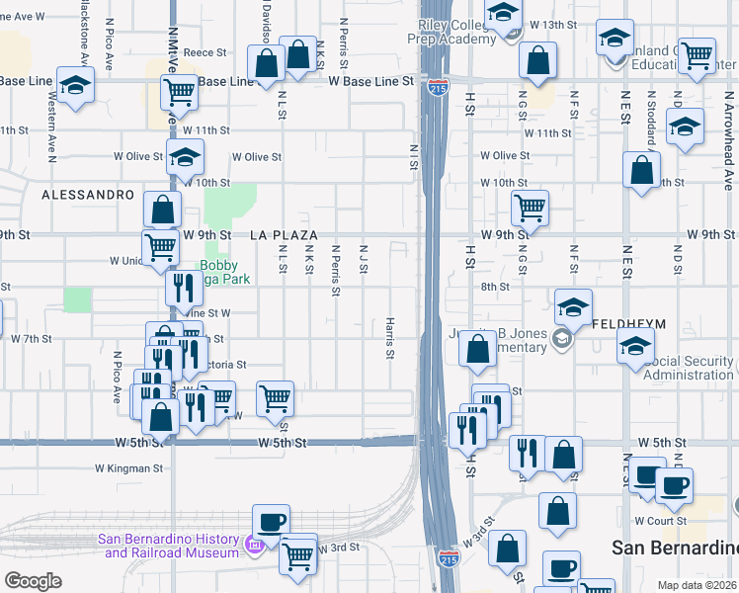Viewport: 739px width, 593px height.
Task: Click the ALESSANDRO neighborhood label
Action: click(88, 195)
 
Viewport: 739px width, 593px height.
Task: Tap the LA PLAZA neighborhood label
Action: click(284, 235)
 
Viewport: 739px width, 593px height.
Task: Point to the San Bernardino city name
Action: click(675, 548)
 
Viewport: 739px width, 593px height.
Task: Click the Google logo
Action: click(33, 581)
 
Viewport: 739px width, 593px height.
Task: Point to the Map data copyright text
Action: click(697, 585)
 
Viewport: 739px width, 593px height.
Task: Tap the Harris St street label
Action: click(390, 338)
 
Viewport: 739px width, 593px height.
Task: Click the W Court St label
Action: click(659, 520)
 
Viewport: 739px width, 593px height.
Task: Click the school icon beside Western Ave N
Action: click(74, 84)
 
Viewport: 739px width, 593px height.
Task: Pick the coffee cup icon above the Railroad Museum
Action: click(270, 521)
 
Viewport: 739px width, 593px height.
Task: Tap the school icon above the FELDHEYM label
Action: click(572, 307)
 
